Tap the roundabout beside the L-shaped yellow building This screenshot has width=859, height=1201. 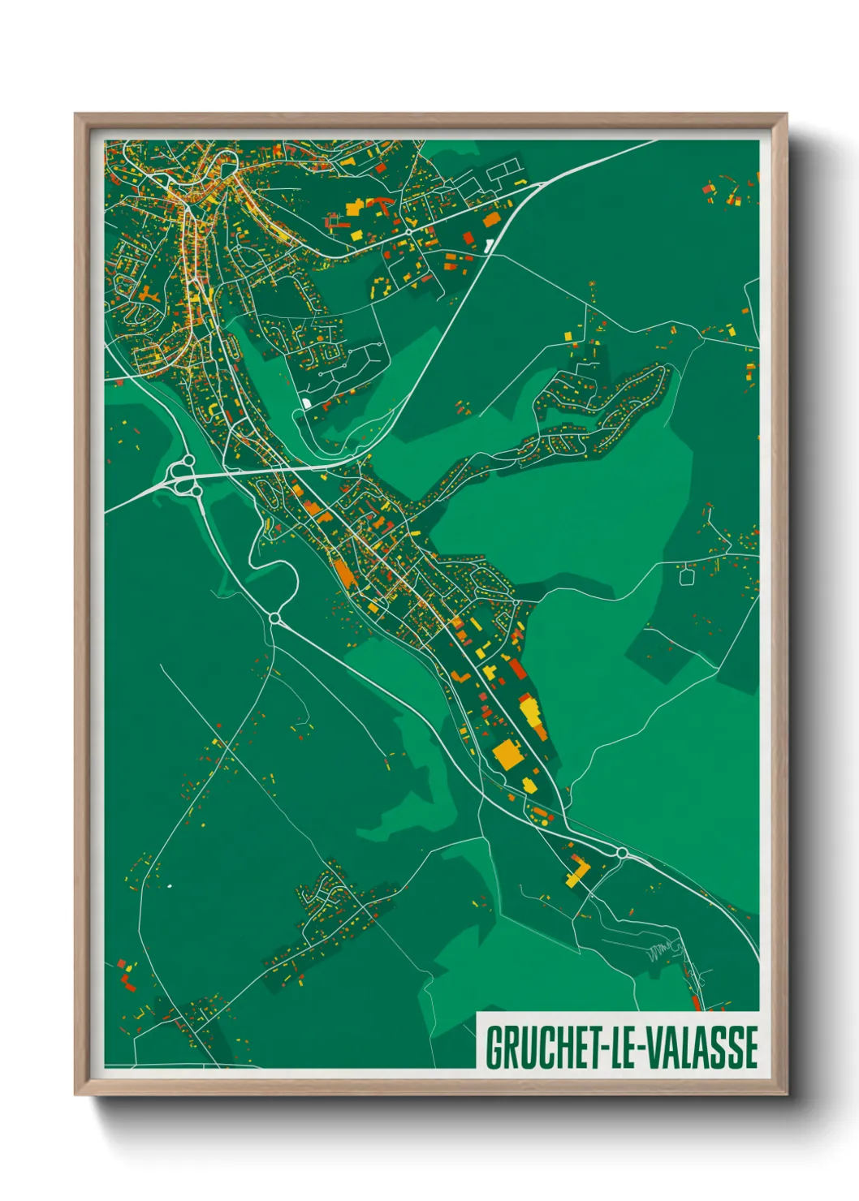622,853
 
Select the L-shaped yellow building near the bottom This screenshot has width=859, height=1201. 577,873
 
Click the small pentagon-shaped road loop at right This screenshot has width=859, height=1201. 686,575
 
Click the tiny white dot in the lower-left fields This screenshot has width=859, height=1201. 170,885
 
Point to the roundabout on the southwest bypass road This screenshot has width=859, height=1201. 274,619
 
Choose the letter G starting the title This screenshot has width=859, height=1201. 493,1048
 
